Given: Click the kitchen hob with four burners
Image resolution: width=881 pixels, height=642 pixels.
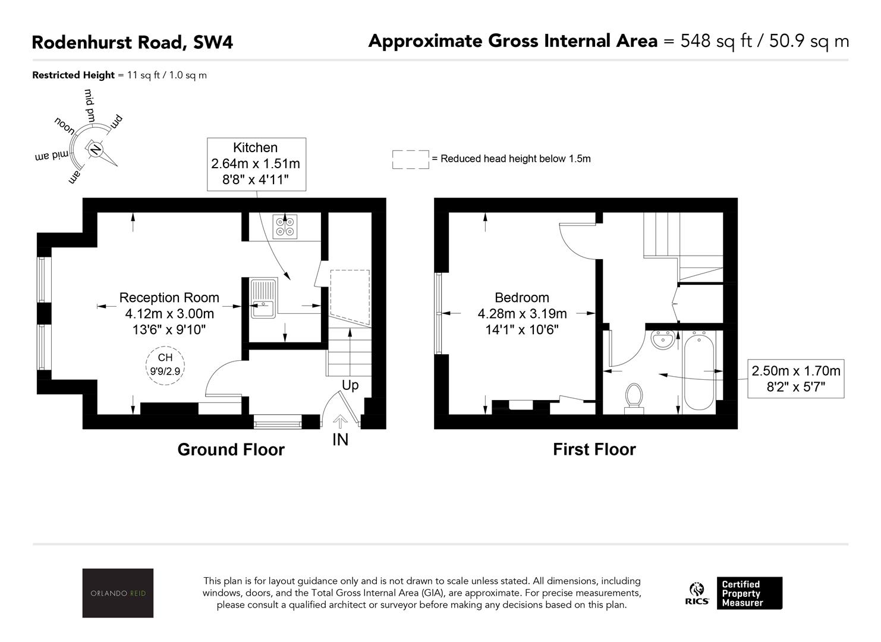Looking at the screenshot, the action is [285, 226].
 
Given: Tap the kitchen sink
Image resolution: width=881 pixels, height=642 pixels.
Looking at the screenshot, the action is [263, 298].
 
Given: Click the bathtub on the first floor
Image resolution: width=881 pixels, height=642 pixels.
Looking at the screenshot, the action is [699, 372].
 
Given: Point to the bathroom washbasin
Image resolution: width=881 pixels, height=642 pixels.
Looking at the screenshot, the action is [663, 339].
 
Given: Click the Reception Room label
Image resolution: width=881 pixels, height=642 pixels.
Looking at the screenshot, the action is [169, 298].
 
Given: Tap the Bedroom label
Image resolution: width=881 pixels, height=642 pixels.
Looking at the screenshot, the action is [521, 298].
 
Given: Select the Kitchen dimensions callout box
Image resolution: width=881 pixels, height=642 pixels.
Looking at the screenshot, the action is [256, 165].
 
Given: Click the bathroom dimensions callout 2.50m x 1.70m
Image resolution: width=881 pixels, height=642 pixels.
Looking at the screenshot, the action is [795, 379].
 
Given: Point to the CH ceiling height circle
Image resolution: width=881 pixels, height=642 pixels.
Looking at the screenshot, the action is [165, 364].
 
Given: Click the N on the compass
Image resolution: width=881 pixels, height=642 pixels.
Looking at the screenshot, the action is [95, 149].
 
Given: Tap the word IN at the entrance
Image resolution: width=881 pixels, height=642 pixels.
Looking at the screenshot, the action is [340, 440].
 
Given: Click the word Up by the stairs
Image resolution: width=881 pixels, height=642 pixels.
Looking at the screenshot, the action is [350, 385].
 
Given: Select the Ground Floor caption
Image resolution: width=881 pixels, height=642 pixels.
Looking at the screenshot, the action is [231, 449].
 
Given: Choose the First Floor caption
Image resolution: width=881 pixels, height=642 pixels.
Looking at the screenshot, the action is [594, 449].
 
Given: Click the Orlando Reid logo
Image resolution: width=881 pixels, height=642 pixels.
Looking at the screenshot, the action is [118, 593].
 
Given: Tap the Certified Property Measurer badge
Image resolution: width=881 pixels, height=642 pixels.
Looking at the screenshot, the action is [749, 593].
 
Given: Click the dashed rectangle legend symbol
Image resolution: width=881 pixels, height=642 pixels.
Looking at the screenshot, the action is [411, 159].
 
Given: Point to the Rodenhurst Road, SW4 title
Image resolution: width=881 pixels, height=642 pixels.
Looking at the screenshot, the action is [132, 42].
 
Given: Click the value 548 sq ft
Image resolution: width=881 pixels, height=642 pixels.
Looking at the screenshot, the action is [716, 41].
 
